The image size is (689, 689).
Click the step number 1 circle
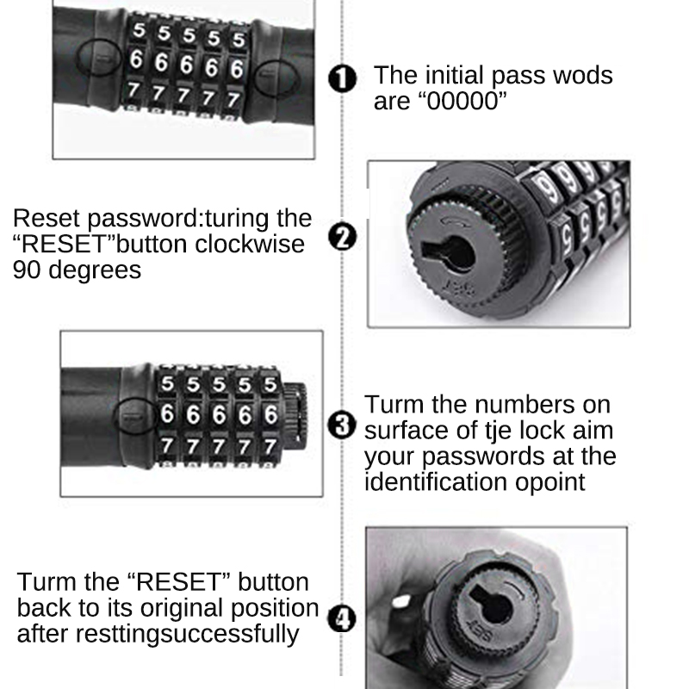click(343, 80)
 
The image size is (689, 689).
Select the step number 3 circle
click(343, 425)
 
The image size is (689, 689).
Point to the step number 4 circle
click(343, 618)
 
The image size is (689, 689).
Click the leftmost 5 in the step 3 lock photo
click(168, 383)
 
